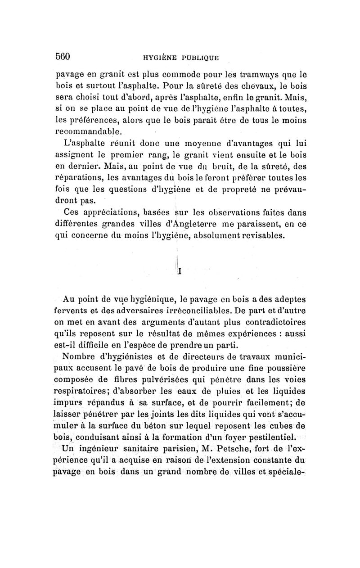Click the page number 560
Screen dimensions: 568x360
64,57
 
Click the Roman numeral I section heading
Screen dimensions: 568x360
180,271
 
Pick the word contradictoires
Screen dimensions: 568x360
268,322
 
